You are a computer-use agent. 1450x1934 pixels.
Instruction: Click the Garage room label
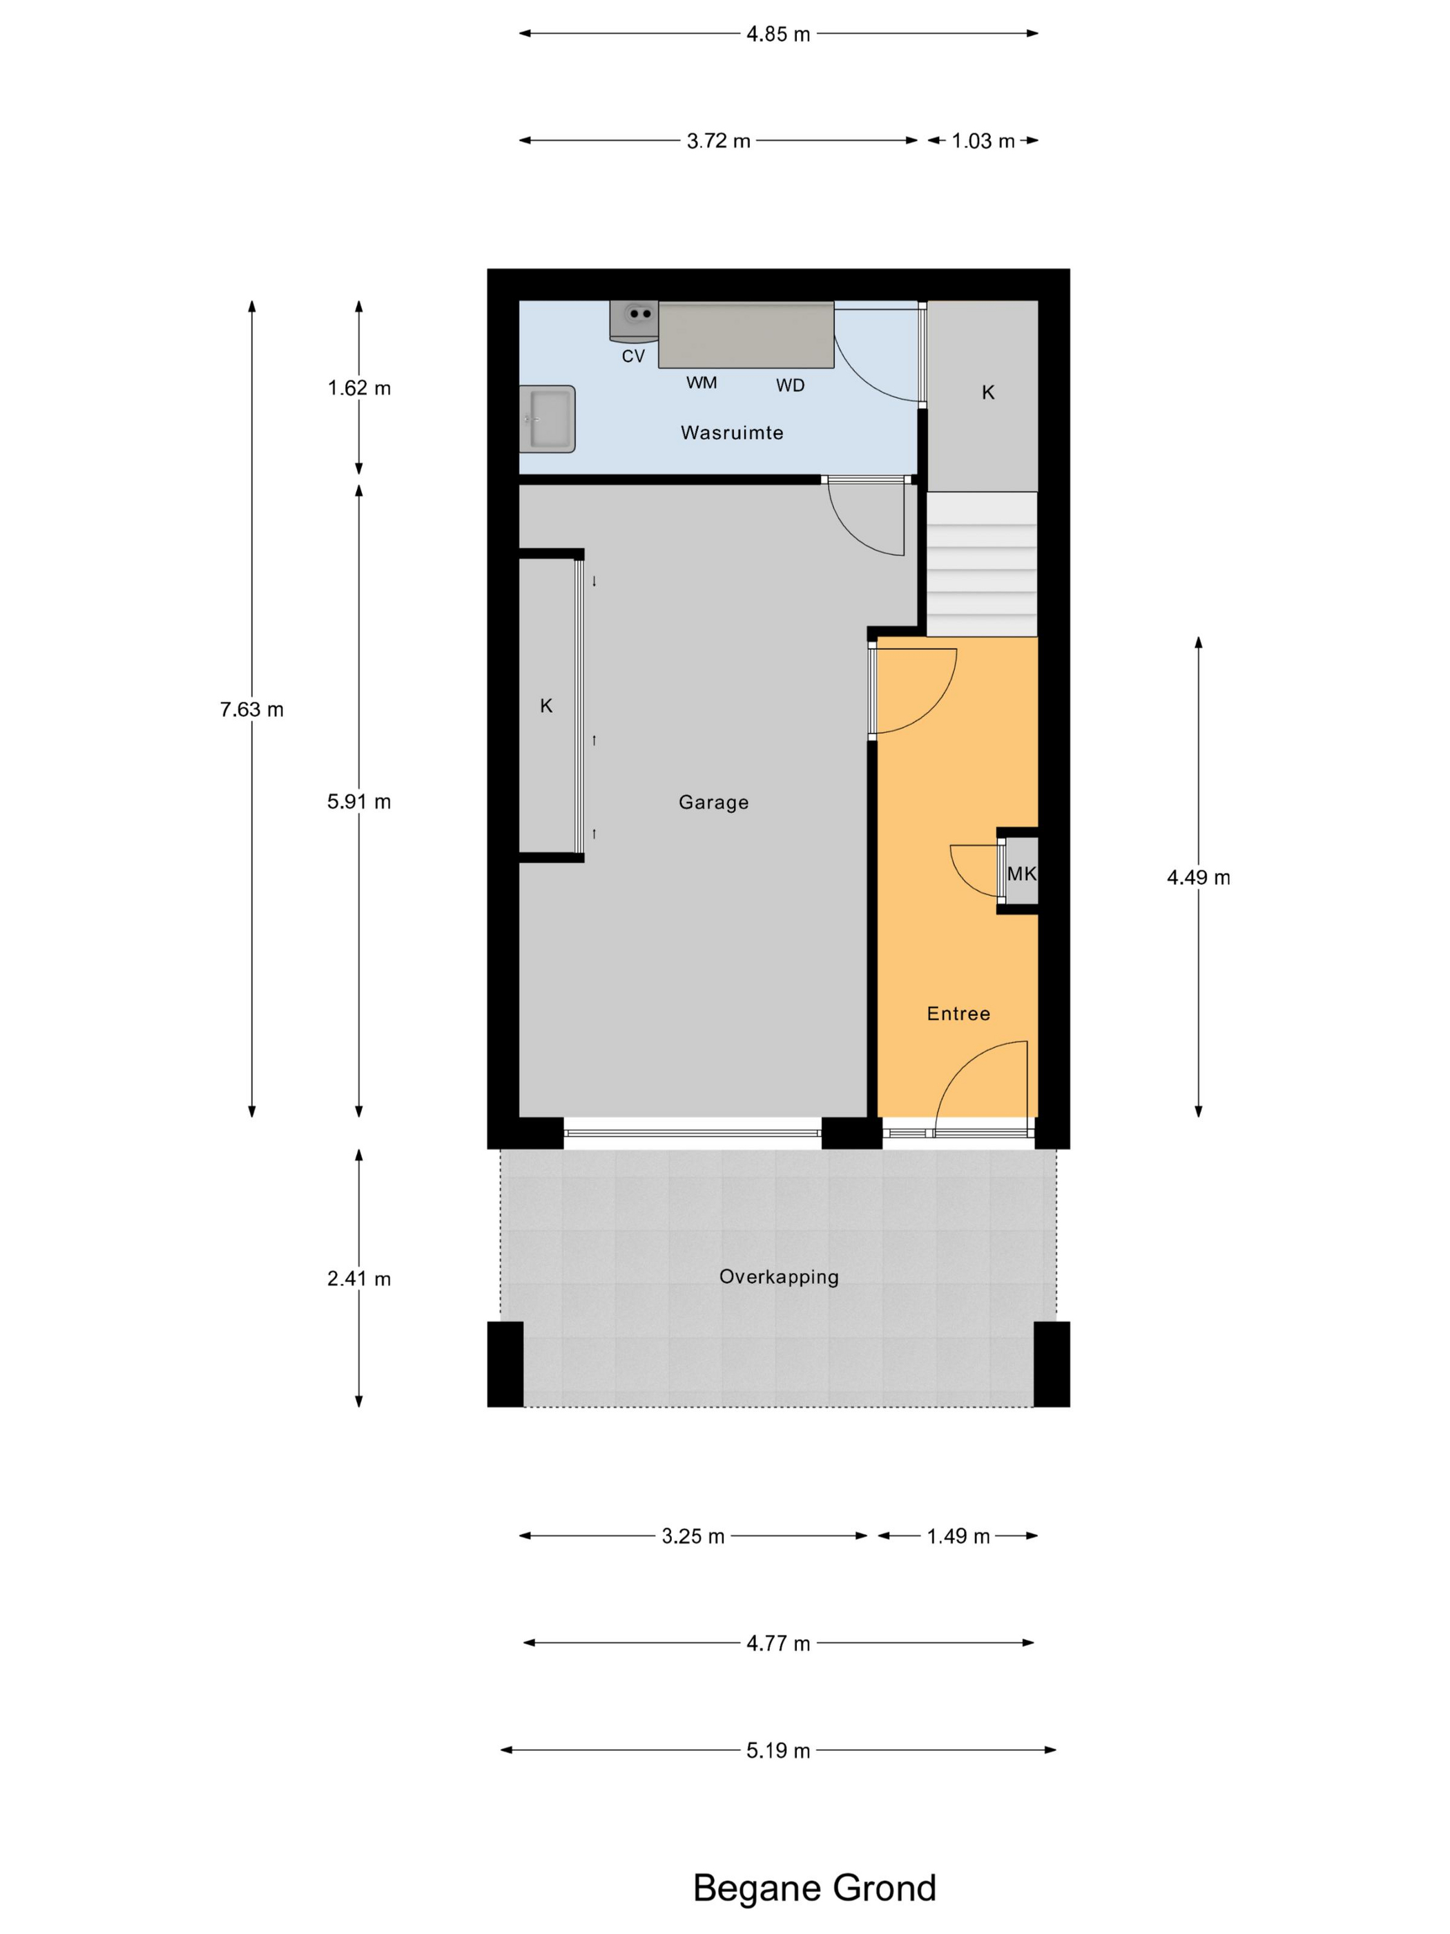(713, 803)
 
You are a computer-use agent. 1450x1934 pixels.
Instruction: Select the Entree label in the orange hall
(958, 1013)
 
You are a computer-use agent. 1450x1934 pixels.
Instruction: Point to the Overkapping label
(779, 1276)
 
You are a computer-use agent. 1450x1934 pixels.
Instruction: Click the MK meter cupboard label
(1021, 874)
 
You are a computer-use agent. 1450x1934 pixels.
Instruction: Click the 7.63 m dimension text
(252, 709)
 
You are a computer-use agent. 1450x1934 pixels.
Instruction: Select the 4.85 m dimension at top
(778, 34)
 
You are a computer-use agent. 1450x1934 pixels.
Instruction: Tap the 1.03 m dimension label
(983, 141)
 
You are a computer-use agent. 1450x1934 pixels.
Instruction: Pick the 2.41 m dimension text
(358, 1279)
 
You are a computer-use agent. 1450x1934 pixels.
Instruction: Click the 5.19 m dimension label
(778, 1750)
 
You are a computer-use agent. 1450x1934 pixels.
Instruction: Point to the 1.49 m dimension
(958, 1536)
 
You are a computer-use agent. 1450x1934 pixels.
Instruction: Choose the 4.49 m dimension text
(1198, 877)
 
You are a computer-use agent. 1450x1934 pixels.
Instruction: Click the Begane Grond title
(813, 1888)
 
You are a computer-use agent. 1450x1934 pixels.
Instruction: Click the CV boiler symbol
(635, 319)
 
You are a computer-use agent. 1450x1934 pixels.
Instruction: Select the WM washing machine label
(701, 383)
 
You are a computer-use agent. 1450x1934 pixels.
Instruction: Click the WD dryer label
(790, 385)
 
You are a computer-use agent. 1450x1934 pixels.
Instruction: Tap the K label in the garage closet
(546, 706)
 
